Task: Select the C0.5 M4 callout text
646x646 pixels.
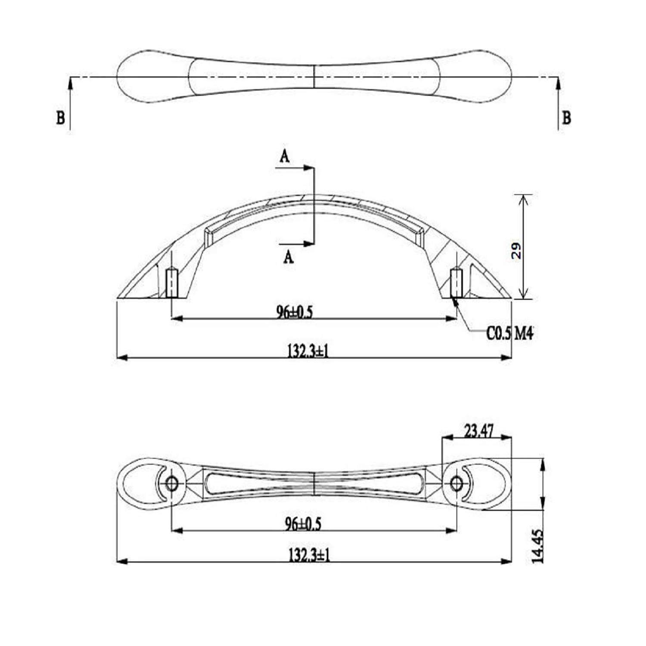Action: pos(510,333)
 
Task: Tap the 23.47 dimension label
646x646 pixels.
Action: pos(478,431)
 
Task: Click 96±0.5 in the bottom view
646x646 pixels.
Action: pos(303,524)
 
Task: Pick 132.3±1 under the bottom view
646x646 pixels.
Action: pos(309,556)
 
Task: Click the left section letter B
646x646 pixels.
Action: pos(60,118)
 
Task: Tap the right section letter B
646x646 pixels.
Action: pos(567,118)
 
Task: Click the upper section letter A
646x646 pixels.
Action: pos(284,157)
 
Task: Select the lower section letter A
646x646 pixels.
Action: pos(289,257)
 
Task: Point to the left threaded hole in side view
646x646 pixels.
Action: pos(172,283)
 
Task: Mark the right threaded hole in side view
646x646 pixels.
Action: pos(456,283)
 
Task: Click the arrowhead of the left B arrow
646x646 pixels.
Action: pos(70,82)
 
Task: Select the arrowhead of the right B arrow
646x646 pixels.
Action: pos(559,82)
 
